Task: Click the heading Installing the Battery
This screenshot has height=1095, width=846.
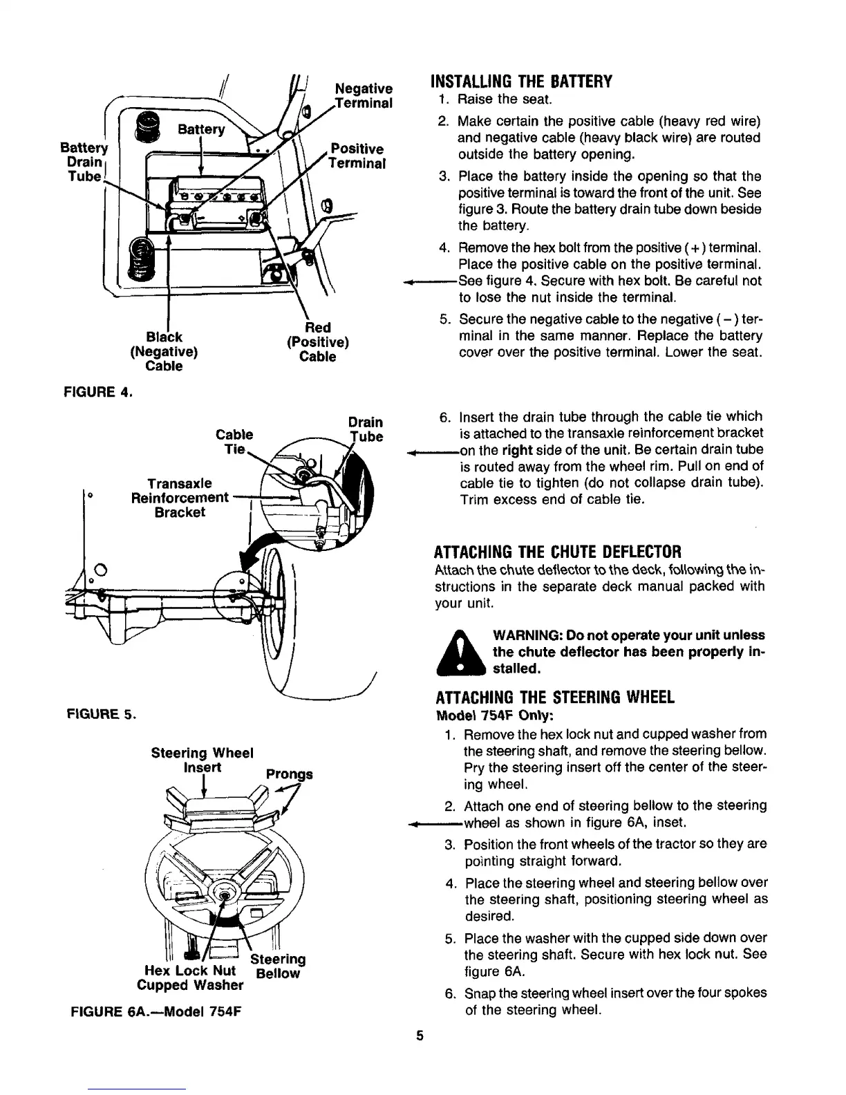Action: click(x=521, y=82)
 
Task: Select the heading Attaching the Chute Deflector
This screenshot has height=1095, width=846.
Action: click(x=557, y=552)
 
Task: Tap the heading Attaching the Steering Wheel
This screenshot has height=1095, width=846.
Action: click(x=553, y=698)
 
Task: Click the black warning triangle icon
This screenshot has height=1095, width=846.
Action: click(x=462, y=652)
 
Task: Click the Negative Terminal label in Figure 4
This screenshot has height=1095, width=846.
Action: click(x=364, y=96)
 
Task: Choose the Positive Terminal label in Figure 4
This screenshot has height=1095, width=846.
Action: click(x=357, y=156)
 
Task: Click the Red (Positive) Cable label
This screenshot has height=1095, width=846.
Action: click(x=317, y=342)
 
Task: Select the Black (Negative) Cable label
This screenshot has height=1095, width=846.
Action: click(x=164, y=351)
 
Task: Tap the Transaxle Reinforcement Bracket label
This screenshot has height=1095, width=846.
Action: click(x=179, y=497)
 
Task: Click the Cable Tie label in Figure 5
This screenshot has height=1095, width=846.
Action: click(x=234, y=442)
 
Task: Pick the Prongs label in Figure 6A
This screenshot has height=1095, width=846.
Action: click(x=289, y=774)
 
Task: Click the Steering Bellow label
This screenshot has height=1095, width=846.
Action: click(x=278, y=966)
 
